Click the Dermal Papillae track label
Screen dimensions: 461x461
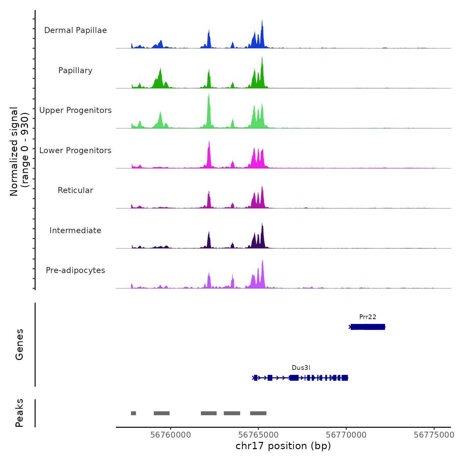75,30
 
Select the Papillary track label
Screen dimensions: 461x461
75,70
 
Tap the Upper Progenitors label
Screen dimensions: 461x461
75,110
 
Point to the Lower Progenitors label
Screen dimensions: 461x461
75,150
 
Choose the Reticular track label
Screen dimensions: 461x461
75,190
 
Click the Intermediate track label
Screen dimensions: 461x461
75,230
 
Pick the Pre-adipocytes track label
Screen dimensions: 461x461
75,270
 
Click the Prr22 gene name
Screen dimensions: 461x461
367,317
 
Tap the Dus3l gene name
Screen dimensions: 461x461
301,368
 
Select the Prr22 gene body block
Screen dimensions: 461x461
368,327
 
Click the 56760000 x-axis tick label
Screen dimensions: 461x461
171,435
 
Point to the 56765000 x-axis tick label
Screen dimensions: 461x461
258,435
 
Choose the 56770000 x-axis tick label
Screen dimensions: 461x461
346,435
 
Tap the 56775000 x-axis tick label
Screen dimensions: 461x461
434,435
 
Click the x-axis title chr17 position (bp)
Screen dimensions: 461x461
283,446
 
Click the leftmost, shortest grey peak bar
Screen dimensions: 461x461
133,413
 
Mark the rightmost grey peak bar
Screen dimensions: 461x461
258,413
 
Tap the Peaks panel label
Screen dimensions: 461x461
19,413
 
